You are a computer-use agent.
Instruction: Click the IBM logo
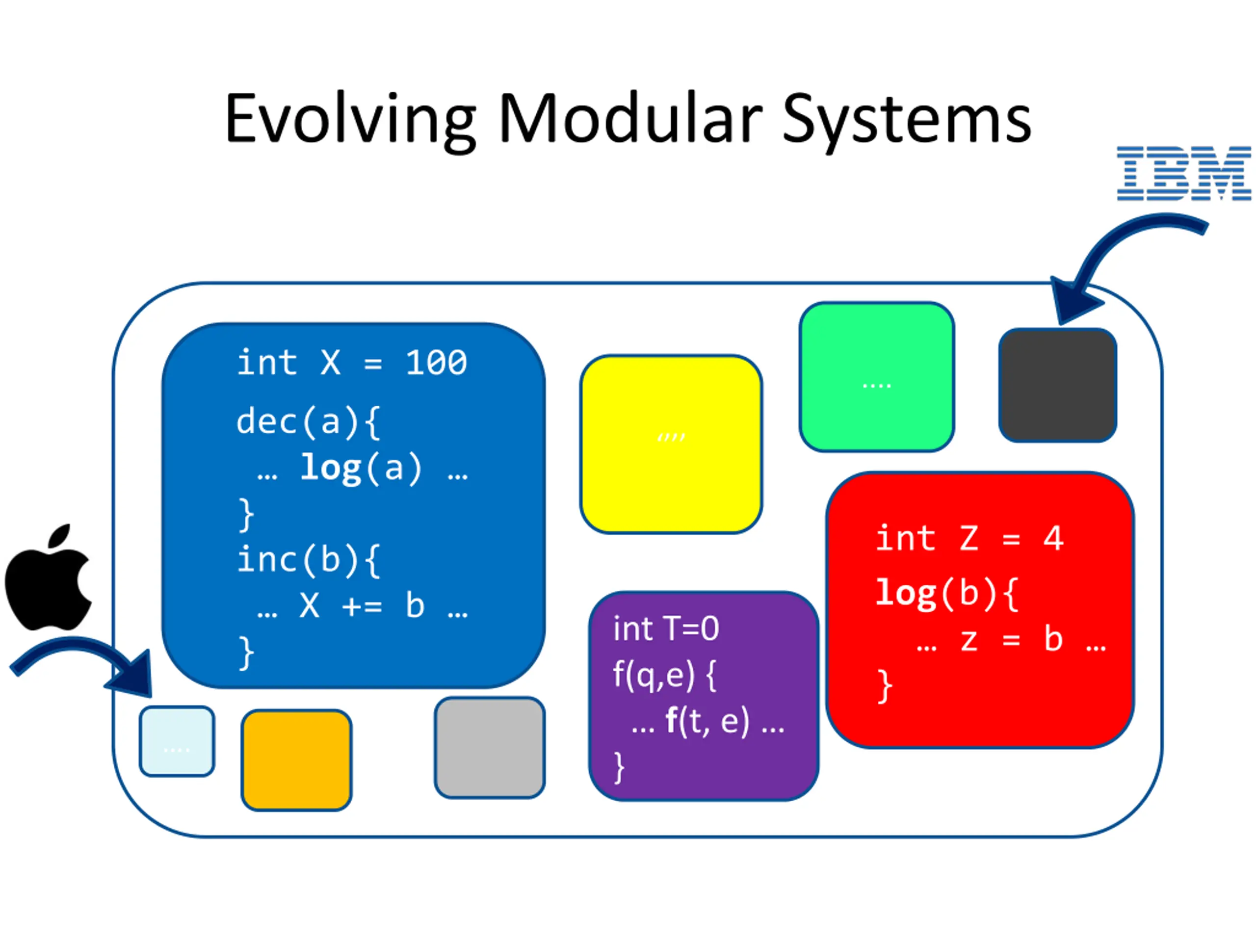1183,173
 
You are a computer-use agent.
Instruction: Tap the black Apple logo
48,579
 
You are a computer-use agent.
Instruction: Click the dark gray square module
1057,385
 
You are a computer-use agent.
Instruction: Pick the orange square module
296,759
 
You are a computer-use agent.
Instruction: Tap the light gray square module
490,748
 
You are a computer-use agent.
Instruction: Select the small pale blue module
177,741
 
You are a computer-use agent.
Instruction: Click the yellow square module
671,444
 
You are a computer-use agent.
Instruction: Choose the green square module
877,376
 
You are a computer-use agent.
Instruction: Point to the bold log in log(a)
331,469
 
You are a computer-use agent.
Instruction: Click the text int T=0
665,629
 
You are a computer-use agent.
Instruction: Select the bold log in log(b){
906,593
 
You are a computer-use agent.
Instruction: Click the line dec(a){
308,422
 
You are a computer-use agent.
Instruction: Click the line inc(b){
308,560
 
